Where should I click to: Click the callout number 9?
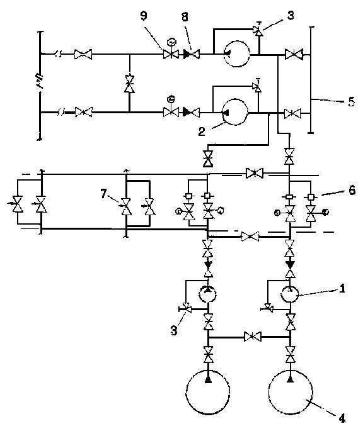point(144,16)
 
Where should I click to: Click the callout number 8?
point(185,17)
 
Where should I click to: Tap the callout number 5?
point(352,102)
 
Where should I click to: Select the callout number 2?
point(202,131)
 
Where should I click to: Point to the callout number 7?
point(103,194)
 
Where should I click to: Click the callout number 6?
point(352,190)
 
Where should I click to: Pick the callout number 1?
point(342,289)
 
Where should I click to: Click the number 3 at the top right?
point(291,16)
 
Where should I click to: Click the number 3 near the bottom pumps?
point(174,330)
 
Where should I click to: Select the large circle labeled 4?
point(291,391)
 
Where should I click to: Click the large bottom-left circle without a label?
point(208,393)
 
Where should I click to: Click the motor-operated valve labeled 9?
point(171,53)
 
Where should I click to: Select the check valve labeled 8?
point(192,53)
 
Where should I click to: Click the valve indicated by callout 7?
point(126,207)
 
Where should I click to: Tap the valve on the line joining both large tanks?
point(253,337)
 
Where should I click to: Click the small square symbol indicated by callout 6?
point(311,196)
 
